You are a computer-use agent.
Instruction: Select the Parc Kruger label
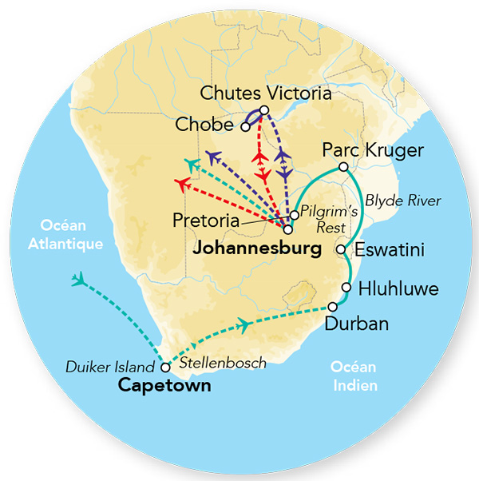(x=372, y=150)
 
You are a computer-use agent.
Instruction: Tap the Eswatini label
(x=390, y=250)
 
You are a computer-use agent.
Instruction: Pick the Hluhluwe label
(x=398, y=288)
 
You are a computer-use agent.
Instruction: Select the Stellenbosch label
(x=222, y=363)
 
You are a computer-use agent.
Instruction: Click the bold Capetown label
(x=164, y=386)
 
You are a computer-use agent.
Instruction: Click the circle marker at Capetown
(x=165, y=368)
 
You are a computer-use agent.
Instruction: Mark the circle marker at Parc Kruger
(x=342, y=167)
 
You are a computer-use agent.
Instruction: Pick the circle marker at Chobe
(x=246, y=126)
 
